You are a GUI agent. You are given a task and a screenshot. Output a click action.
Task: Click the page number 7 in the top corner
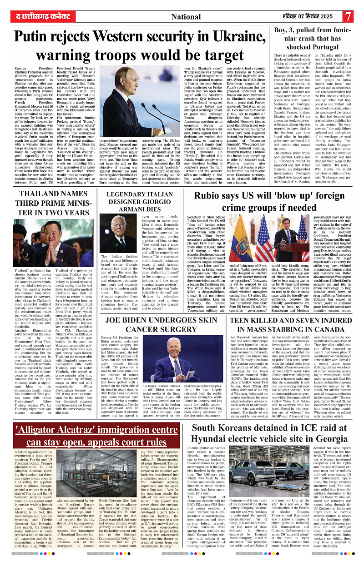click(348, 17)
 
